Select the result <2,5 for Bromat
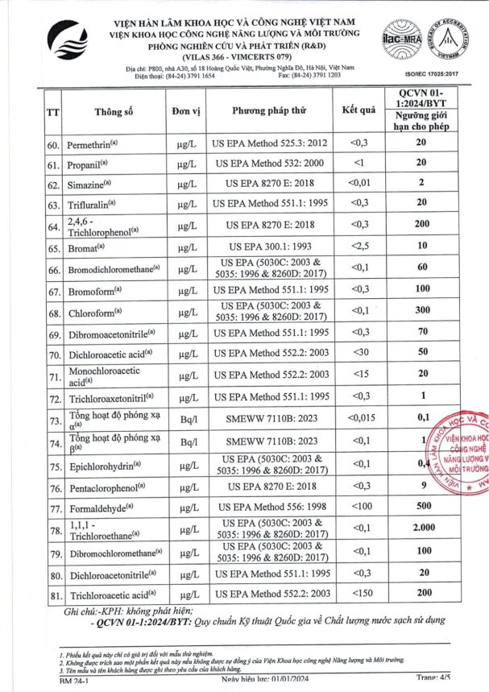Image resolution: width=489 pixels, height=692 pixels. tap(358, 245)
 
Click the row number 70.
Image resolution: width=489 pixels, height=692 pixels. tap(55, 354)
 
